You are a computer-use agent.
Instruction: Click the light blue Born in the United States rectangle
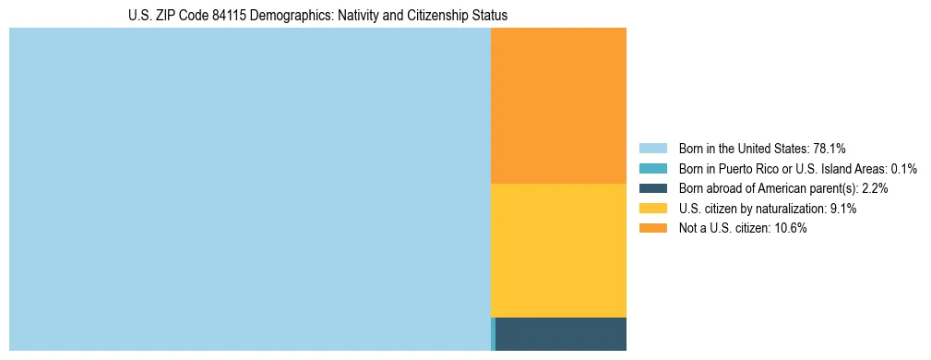(x=249, y=189)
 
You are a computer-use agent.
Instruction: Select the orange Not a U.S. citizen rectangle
(x=558, y=105)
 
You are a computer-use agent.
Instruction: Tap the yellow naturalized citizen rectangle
(x=558, y=250)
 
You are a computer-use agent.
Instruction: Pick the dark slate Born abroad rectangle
(x=561, y=333)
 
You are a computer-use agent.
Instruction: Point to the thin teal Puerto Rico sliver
(x=493, y=333)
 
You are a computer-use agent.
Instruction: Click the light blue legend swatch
(x=652, y=148)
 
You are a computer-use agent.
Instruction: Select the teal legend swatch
(x=652, y=168)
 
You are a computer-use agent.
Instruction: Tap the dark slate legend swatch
(x=652, y=188)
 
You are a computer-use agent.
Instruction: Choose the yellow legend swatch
(x=652, y=209)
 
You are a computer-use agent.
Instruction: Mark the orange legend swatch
(x=652, y=229)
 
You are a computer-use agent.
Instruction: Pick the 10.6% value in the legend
(x=790, y=229)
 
